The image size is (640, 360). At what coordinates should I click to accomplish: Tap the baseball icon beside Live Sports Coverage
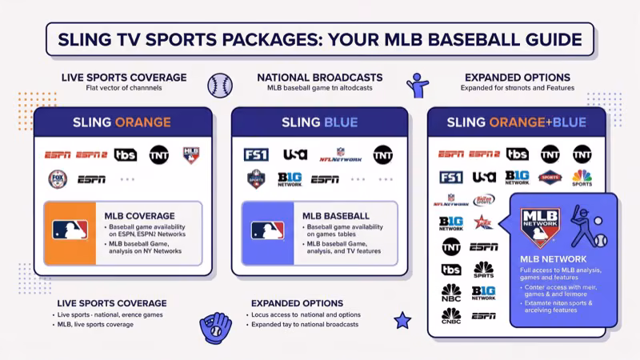tap(219, 84)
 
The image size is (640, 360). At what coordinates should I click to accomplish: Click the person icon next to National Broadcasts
tap(417, 83)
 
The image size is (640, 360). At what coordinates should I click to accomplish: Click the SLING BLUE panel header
tap(319, 122)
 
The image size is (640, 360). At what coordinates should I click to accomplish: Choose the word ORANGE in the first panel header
tap(143, 122)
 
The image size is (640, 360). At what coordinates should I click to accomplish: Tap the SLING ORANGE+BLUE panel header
tap(516, 122)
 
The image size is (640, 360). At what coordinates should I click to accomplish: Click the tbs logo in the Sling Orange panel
tap(126, 154)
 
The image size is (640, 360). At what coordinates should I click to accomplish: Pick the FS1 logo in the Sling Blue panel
tap(255, 154)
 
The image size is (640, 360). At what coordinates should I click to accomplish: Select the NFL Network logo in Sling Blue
tap(341, 154)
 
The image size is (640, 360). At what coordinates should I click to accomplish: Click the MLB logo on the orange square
tap(70, 230)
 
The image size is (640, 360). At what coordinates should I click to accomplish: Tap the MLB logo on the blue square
tap(267, 230)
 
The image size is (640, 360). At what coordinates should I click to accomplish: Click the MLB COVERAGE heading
tap(139, 216)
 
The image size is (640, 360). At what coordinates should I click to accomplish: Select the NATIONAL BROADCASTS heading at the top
tap(319, 77)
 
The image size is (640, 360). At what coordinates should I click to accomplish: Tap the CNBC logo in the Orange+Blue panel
tap(451, 316)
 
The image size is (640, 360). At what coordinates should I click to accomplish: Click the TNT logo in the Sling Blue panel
tap(382, 154)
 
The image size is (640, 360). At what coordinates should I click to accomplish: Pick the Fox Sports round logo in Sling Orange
tap(58, 178)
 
